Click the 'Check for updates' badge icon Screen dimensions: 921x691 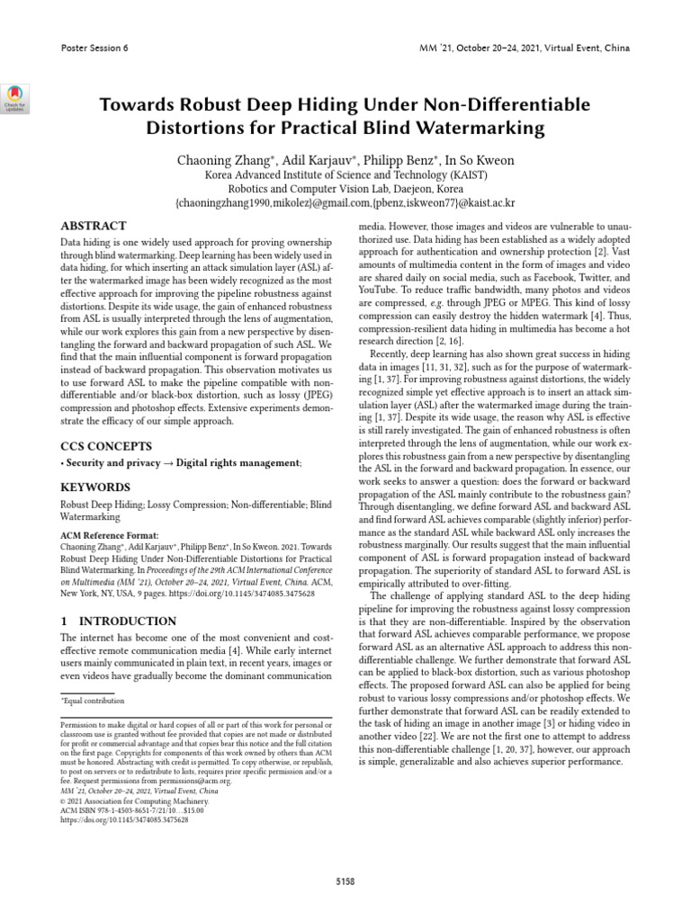(18, 96)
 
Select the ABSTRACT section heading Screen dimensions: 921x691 (93, 226)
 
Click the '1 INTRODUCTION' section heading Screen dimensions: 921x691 (118, 621)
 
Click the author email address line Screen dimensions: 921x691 (345, 204)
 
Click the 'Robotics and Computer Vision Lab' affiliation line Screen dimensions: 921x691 (345, 190)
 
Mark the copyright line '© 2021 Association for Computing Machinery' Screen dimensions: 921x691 (134, 800)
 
